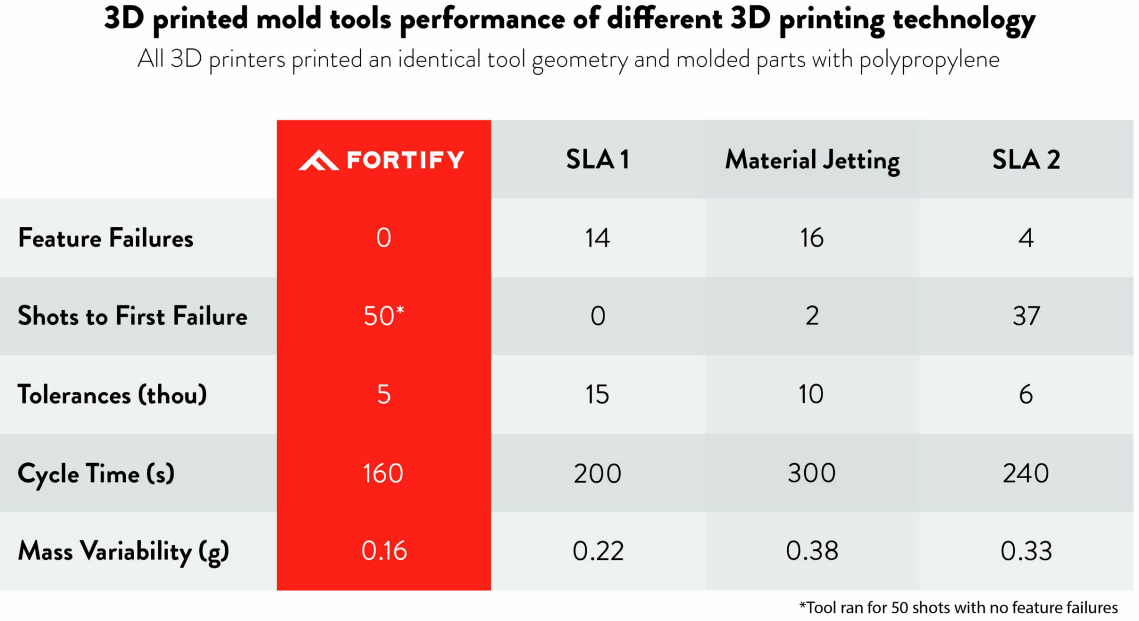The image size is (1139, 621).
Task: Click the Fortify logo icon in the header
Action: [x=319, y=160]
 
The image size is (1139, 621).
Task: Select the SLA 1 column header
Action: [x=597, y=160]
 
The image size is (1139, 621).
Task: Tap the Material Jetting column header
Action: [x=812, y=160]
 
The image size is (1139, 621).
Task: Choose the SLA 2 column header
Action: [x=1026, y=160]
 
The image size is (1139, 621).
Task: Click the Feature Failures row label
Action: [x=106, y=238]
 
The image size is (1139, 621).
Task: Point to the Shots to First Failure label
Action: [x=132, y=316]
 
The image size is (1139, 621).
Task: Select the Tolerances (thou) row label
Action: [x=112, y=395]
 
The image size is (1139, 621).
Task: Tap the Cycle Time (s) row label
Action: [x=96, y=474]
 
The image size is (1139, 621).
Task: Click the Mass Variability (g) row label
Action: [x=123, y=551]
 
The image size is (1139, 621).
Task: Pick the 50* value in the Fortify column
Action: [x=383, y=316]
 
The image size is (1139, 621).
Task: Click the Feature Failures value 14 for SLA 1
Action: [x=597, y=238]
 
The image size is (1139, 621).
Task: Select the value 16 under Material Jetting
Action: [x=811, y=238]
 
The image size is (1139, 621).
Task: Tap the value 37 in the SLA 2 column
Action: [x=1026, y=316]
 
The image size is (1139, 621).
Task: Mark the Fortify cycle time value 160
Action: [x=383, y=474]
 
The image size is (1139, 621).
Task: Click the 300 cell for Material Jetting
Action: [x=811, y=474]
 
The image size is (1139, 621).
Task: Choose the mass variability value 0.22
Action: [x=598, y=551]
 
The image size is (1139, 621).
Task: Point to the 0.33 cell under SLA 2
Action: [x=1026, y=551]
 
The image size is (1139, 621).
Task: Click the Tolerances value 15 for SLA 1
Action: [x=597, y=395]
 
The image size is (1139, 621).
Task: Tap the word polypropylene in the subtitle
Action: [x=929, y=60]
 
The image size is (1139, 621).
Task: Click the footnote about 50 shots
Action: [x=958, y=607]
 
